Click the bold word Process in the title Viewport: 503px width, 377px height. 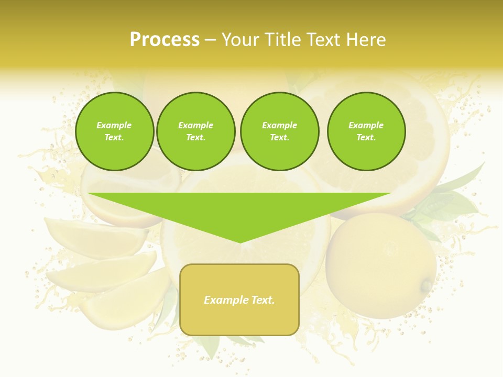pyautogui.click(x=165, y=40)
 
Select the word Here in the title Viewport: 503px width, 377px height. pyautogui.click(x=367, y=40)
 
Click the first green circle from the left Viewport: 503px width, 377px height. pyautogui.click(x=114, y=131)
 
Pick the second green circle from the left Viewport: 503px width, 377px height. pyautogui.click(x=196, y=131)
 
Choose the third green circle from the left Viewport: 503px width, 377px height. pyautogui.click(x=280, y=131)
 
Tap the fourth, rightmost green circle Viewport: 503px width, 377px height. pyautogui.click(x=366, y=131)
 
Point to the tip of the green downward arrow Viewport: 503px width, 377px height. pyautogui.click(x=240, y=242)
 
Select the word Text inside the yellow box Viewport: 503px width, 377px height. pyautogui.click(x=263, y=300)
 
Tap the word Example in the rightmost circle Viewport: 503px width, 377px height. pyautogui.click(x=366, y=125)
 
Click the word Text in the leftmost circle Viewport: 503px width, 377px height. pyautogui.click(x=114, y=138)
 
